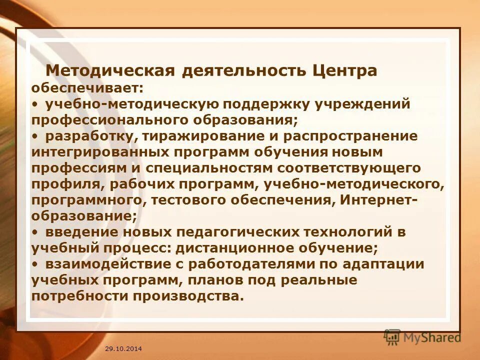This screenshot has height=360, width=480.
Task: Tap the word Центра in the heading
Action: [x=345, y=70]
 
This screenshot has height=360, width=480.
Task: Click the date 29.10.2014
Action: [x=123, y=348]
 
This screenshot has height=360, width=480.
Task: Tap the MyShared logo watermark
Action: [x=422, y=337]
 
